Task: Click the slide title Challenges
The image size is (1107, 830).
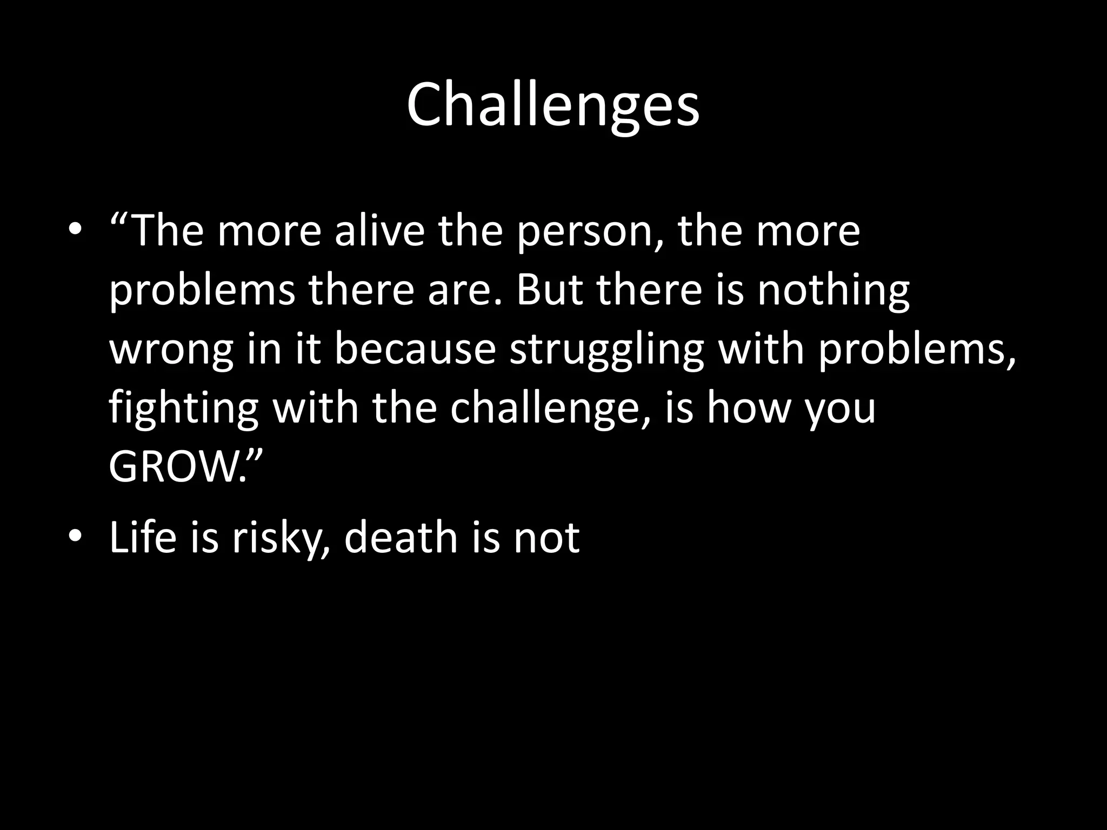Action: click(x=553, y=105)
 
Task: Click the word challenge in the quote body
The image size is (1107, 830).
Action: click(x=546, y=409)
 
